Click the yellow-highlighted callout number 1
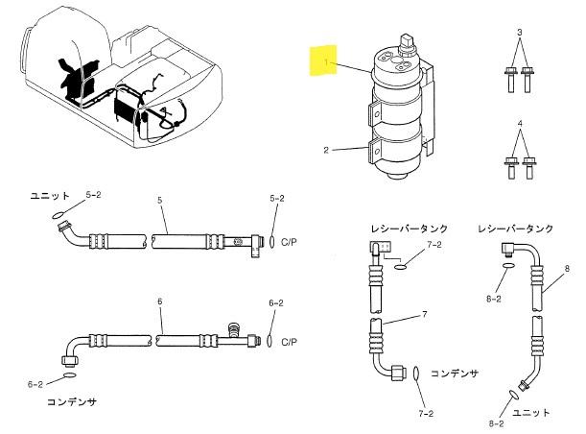pos(326,61)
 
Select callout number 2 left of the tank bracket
pos(326,150)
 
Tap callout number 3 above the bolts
pos(520,33)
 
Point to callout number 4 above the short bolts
pos(520,124)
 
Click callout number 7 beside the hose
pos(425,314)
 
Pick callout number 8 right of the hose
pos(568,269)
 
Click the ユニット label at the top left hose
pos(50,196)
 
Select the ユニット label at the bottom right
pos(530,413)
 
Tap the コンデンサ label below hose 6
pos(72,401)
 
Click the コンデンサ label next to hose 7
pos(455,374)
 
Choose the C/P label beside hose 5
pos(289,242)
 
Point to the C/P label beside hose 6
pos(289,342)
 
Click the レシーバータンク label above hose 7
pos(410,229)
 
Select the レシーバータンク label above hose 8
pos(515,229)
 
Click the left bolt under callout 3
pos(510,80)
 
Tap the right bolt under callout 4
pos(528,168)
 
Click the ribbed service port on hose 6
pos(233,330)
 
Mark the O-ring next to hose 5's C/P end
pos(271,242)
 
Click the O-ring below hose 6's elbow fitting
pos(70,374)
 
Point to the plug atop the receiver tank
pos(407,43)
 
